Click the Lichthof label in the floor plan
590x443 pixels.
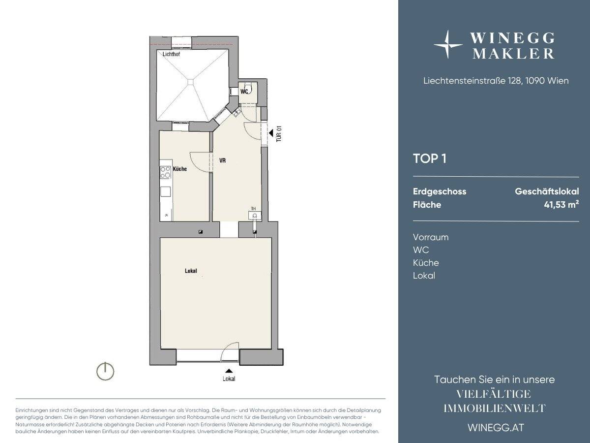coord(171,54)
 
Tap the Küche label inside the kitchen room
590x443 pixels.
coord(180,169)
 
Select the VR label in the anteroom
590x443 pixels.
coord(222,160)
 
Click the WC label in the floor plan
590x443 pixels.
coord(244,92)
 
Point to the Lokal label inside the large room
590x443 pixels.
coord(191,271)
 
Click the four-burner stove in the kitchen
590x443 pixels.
coord(165,172)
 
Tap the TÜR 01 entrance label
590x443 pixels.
coord(279,134)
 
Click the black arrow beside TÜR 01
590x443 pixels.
coord(271,132)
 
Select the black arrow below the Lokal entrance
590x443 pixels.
coord(229,371)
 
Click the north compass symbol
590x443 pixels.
coord(105,371)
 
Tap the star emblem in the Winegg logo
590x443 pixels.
coord(447,44)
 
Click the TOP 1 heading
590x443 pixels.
coord(430,158)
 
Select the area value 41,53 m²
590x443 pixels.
coord(561,204)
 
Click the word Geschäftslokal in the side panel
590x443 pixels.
coord(547,191)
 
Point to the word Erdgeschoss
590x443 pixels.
coord(440,191)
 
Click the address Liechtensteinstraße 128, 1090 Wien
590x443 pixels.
coord(496,81)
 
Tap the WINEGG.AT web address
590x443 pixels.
coord(496,428)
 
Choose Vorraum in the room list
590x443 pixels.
coord(431,237)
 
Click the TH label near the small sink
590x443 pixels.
coord(253,209)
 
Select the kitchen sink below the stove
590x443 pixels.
coord(165,191)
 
